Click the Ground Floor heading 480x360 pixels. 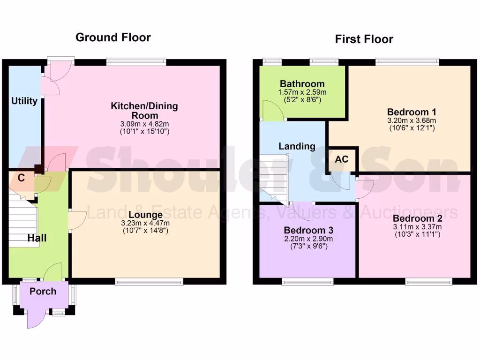point(113,37)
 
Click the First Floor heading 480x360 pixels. point(364,39)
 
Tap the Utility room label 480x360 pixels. point(24,101)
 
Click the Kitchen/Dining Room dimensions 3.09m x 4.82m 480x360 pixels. point(144,124)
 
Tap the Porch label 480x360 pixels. point(43,291)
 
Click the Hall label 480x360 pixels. point(37,238)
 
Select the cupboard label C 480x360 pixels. point(21,178)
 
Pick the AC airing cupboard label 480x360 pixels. point(342,159)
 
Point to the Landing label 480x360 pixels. point(297,146)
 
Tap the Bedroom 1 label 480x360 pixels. point(412,112)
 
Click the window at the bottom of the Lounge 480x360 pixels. point(149,281)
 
